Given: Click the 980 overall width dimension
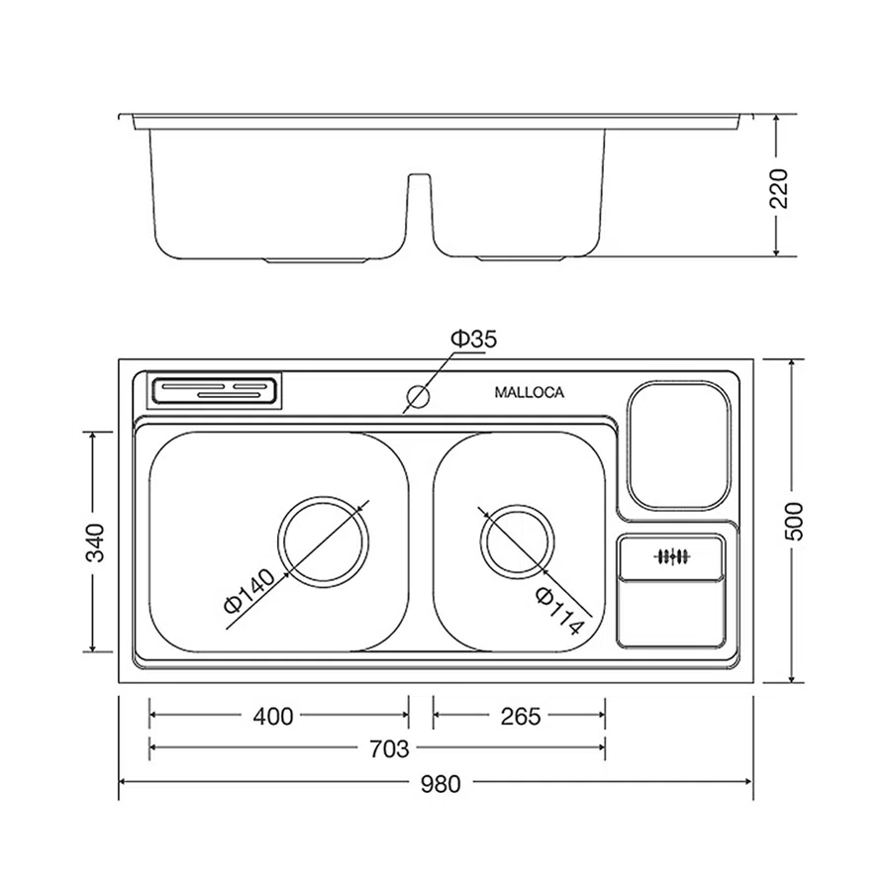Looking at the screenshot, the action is (x=441, y=784).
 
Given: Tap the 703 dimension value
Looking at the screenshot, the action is (x=389, y=749).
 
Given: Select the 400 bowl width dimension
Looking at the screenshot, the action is (x=273, y=717).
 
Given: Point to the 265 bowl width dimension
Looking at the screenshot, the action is (x=521, y=717).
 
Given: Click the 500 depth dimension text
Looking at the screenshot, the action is (x=794, y=521).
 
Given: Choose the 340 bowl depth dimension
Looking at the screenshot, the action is (x=95, y=543).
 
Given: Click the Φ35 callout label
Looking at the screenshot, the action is (x=474, y=340).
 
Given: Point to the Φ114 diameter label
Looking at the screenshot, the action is (x=559, y=611).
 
